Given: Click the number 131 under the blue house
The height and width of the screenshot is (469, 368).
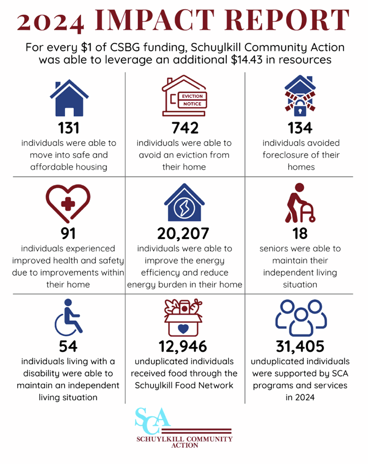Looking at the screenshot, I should pyautogui.click(x=68, y=128).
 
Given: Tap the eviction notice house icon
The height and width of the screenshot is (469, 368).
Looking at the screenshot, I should pyautogui.click(x=184, y=97).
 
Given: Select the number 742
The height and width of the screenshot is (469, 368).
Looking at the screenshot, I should pyautogui.click(x=185, y=128).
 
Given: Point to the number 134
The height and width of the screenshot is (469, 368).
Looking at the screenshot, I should pyautogui.click(x=300, y=128).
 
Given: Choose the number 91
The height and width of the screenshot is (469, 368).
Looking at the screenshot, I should pyautogui.click(x=68, y=233).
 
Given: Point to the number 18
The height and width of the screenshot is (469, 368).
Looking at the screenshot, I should pyautogui.click(x=300, y=233).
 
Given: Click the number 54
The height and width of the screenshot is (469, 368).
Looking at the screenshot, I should pyautogui.click(x=68, y=346).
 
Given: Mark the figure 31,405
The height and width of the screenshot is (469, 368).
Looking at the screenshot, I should pyautogui.click(x=300, y=346).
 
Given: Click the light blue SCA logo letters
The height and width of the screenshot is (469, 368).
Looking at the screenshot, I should pyautogui.click(x=153, y=418).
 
